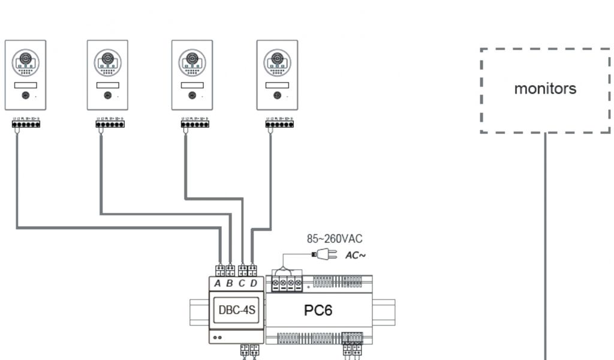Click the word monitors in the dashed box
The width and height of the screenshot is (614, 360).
[545, 89]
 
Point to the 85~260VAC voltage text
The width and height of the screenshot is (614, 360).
[335, 239]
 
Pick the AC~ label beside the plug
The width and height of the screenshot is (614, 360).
[355, 256]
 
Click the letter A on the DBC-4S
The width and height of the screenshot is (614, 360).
[218, 283]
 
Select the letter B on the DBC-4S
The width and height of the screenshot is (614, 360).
[230, 283]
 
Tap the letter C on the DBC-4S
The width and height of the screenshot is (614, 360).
[242, 283]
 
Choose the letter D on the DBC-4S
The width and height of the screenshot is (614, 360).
[254, 283]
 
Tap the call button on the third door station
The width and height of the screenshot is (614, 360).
[192, 95]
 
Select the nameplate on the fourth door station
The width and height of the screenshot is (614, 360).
[277, 85]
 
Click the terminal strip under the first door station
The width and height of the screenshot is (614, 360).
[26, 124]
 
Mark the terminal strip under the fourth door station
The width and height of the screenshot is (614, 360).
[279, 124]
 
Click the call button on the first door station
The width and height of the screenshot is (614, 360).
[25, 95]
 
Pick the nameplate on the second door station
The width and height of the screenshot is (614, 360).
[107, 85]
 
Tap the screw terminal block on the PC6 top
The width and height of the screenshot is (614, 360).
[287, 282]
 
